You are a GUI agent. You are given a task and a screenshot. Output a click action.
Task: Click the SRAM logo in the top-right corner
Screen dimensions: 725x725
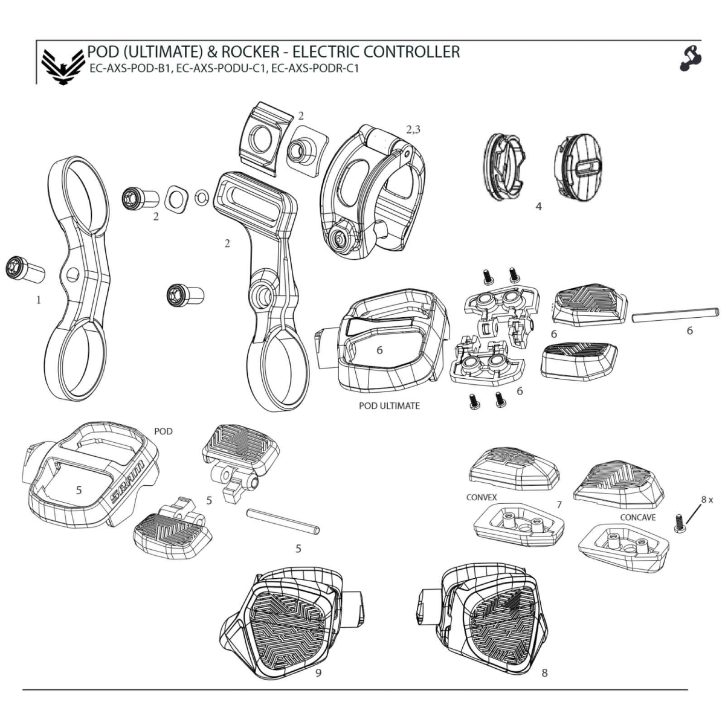pos(691,58)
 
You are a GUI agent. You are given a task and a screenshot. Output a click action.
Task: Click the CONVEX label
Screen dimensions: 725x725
pos(482,497)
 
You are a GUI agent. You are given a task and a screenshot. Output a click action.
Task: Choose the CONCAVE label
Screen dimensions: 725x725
pos(638,518)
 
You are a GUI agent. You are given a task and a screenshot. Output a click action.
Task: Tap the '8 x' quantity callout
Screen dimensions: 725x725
pos(707,500)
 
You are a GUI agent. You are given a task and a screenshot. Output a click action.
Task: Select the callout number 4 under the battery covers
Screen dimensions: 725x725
pos(538,207)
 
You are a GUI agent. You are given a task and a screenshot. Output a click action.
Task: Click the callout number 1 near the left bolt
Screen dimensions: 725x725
pos(39,299)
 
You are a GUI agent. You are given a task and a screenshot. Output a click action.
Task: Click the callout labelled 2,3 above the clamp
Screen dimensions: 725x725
pos(413,129)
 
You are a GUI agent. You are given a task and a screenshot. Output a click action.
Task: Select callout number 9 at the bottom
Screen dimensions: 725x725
pos(318,672)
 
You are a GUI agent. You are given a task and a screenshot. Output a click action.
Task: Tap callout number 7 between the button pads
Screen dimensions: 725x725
pos(559,504)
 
